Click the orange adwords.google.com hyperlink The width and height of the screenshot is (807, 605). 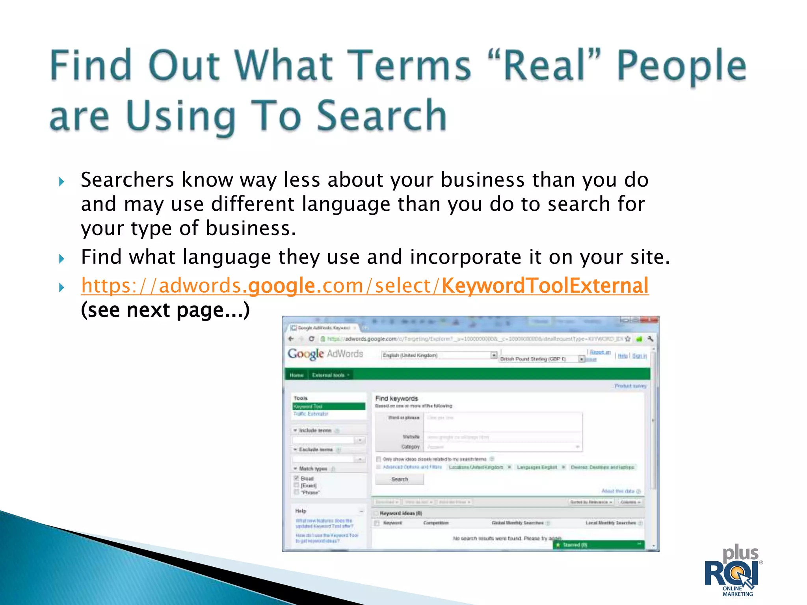[364, 285]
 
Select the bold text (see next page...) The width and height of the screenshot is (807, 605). [165, 310]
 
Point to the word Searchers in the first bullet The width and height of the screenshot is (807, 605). [127, 180]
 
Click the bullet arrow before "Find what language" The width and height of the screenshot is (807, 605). [61, 259]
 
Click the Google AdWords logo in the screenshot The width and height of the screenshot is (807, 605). [325, 354]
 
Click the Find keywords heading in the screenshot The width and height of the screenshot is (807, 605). [396, 399]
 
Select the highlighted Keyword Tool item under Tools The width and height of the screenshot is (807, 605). [328, 406]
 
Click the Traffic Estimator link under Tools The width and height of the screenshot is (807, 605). [311, 414]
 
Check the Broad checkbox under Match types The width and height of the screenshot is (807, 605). [297, 478]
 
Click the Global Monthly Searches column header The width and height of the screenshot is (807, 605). [517, 523]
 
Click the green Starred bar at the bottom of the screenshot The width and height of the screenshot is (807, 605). [599, 545]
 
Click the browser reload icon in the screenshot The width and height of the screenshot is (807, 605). [311, 339]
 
